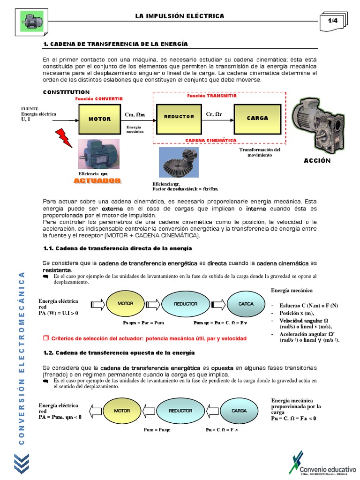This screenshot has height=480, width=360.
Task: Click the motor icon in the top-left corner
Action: tap(32, 21)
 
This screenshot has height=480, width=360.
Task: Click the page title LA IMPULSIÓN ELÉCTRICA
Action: tap(180, 16)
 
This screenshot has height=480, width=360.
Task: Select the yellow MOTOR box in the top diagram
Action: tap(99, 119)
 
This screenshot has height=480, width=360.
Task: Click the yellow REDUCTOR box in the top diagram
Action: tap(179, 117)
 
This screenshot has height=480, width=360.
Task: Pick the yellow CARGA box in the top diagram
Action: tap(257, 118)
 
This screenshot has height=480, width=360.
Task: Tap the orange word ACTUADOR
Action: tap(97, 180)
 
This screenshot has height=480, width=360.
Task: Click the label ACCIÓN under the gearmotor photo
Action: tap(317, 161)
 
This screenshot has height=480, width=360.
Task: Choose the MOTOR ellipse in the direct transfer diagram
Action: tap(125, 304)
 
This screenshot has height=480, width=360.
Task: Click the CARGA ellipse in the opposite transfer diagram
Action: tap(239, 411)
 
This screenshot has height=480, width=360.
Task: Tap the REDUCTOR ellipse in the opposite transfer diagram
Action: tap(180, 411)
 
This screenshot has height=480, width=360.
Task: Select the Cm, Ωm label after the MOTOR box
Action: tap(135, 115)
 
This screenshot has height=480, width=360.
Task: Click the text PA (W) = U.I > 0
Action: tap(59, 313)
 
